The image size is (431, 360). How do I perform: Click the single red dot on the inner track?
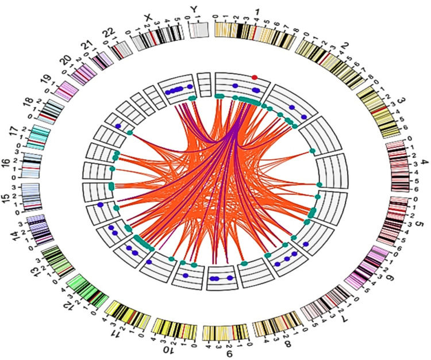point(254,77)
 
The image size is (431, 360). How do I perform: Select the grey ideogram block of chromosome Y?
point(199,30)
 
